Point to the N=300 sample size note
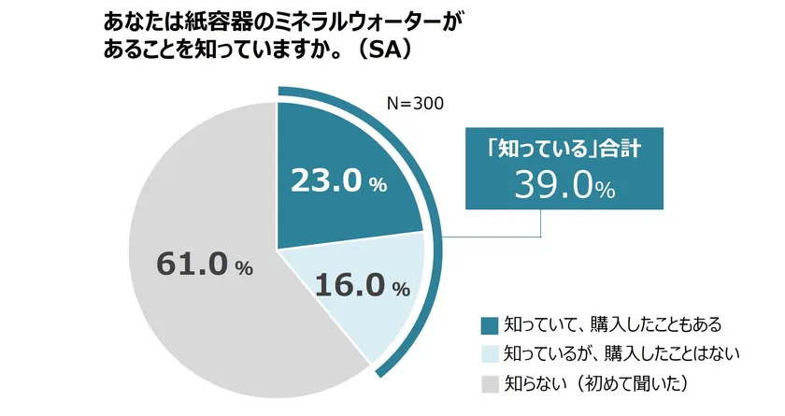tap(415, 103)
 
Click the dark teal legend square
tap(489, 325)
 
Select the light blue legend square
tap(489, 353)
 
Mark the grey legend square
tap(489, 382)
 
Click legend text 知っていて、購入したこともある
tap(613, 325)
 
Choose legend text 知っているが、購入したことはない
tap(621, 353)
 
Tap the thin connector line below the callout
tap(543, 224)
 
